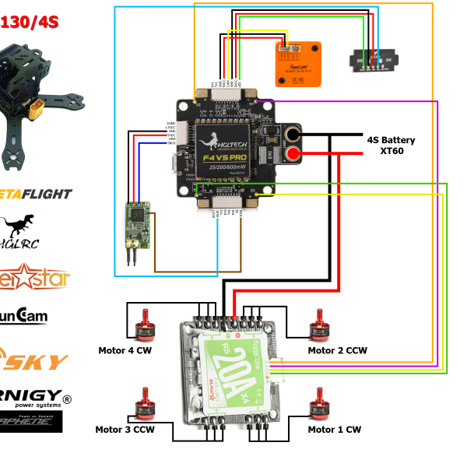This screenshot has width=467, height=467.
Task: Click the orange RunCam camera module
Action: tap(298, 64)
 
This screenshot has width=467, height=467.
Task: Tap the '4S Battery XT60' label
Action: tap(391, 146)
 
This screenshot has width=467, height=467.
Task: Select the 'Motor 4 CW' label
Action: tap(124, 350)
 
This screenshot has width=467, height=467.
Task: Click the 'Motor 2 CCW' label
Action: tap(337, 350)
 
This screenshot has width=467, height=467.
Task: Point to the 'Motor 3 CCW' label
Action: tap(125, 429)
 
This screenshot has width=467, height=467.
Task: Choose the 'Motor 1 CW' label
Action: tap(334, 429)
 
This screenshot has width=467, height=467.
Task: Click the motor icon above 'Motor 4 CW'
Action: tap(143, 325)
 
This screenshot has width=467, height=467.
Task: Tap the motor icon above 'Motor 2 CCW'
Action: tap(317, 325)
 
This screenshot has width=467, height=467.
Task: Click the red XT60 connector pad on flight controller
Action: tap(294, 156)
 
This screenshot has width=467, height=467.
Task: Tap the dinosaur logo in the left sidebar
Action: tap(17, 227)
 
